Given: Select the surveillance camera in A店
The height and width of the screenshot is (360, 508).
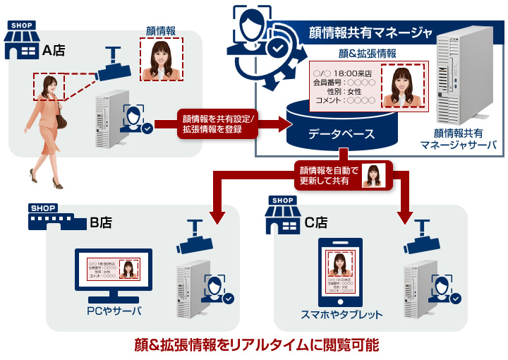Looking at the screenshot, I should [115, 66].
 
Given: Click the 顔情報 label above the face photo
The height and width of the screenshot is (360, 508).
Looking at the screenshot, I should [161, 31].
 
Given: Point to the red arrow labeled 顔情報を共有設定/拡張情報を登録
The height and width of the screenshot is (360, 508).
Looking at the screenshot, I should [219, 124].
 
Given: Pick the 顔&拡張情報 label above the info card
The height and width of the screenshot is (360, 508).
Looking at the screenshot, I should [368, 53].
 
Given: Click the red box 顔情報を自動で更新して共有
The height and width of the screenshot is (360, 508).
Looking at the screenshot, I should [343, 175].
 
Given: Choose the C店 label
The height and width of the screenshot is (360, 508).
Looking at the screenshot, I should [316, 222].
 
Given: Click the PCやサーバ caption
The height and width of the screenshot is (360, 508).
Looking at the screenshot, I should [113, 311].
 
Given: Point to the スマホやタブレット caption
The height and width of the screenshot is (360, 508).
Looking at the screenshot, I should [341, 315].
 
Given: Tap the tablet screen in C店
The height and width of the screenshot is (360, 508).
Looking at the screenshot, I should [341, 272].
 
